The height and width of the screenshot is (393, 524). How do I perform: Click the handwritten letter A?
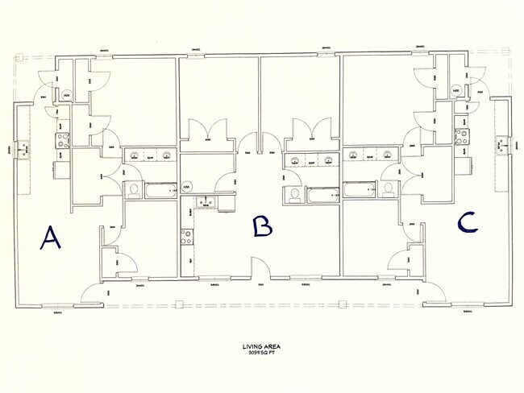(50, 238)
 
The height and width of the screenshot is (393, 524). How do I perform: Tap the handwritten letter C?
(468, 223)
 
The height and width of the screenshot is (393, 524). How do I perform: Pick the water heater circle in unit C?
(456, 91)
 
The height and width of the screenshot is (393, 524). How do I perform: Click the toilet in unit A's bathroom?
(132, 190)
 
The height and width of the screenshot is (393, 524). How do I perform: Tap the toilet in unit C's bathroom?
(389, 189)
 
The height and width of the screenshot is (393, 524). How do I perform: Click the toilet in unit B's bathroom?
(295, 194)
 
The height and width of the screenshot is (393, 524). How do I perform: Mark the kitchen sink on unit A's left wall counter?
(27, 147)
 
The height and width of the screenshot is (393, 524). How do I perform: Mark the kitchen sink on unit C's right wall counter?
(500, 145)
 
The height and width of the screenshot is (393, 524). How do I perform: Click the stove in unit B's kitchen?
(187, 236)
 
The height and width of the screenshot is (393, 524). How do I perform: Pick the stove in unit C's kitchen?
(463, 135)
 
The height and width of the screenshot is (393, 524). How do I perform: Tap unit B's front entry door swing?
(260, 268)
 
